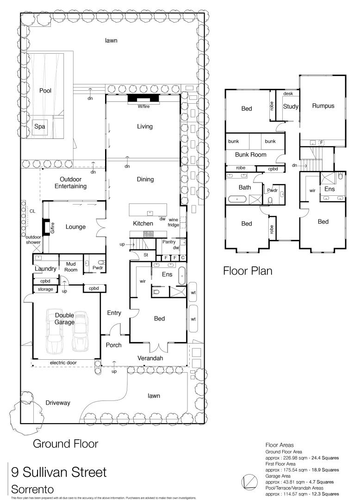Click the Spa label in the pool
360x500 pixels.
click(x=40, y=126)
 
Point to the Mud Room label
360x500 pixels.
click(x=71, y=266)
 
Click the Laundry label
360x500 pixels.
click(x=45, y=269)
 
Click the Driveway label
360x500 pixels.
click(x=58, y=403)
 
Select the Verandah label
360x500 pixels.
click(x=150, y=358)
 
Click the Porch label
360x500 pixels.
click(x=114, y=345)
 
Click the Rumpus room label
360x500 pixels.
click(x=323, y=106)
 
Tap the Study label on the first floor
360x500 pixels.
click(x=291, y=106)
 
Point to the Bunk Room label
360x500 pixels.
click(x=251, y=155)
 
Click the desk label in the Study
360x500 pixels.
click(x=288, y=94)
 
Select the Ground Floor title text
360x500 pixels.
click(x=65, y=444)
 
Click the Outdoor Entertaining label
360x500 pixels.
click(x=73, y=183)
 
